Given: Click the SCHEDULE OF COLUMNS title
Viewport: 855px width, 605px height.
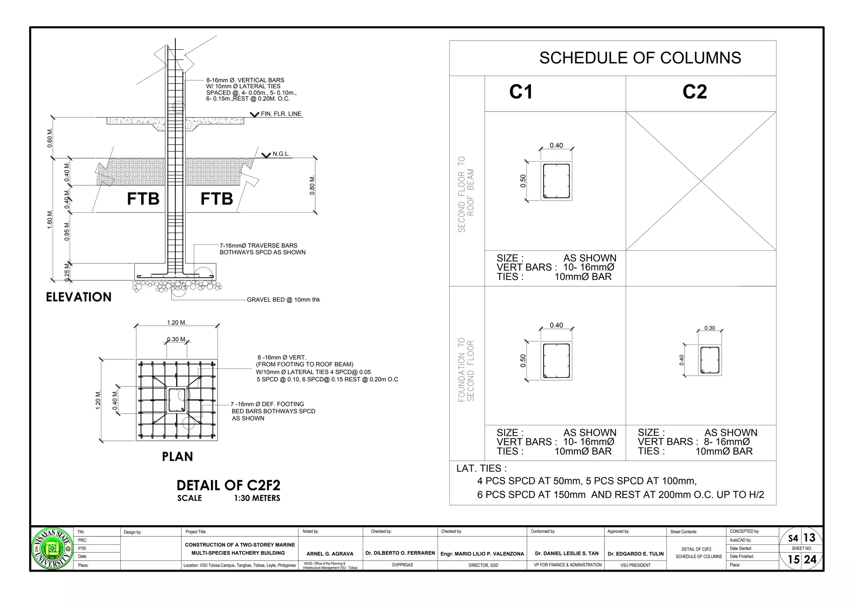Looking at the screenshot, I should click(640, 58).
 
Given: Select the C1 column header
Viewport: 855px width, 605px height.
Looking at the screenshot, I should click(521, 92).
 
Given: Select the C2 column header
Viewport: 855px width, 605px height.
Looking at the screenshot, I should click(694, 92).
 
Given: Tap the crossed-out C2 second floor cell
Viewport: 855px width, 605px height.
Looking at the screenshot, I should click(701, 181).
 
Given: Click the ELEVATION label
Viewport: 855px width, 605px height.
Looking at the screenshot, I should click(78, 297).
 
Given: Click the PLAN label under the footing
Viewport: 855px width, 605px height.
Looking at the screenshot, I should click(177, 457).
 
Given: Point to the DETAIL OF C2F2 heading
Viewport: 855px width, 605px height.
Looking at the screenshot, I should click(228, 486).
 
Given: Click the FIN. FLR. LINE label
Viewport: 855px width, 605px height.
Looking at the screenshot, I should click(281, 114).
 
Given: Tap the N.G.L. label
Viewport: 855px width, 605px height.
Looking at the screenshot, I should click(281, 154).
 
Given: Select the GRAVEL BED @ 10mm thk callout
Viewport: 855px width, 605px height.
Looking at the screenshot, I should click(283, 300).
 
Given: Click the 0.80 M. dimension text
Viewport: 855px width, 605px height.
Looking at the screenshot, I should click(312, 185).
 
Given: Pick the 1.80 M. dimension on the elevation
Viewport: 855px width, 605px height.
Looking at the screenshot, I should click(50, 219).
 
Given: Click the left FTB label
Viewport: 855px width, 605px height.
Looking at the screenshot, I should click(143, 199).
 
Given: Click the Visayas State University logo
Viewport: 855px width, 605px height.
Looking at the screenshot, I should click(52, 549).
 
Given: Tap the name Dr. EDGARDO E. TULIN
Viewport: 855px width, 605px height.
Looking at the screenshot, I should click(635, 554).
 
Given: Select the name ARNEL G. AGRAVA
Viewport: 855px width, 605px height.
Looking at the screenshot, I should click(330, 554).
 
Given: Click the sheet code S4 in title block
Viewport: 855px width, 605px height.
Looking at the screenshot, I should click(792, 539).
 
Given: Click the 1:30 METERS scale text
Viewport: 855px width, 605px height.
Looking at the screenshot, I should click(257, 498).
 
